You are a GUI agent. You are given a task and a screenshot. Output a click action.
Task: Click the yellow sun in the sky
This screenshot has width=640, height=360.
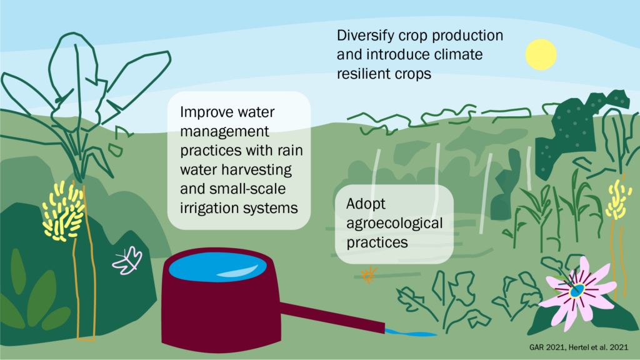click(x=541, y=55)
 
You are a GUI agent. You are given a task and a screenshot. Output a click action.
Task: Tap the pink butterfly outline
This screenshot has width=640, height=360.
click(x=127, y=261)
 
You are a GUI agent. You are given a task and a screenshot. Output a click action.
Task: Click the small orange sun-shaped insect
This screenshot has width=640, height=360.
click(x=369, y=275)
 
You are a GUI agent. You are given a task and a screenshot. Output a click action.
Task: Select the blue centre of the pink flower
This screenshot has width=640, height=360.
click(x=577, y=291)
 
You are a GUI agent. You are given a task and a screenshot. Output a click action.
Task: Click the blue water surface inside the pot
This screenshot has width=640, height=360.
click(x=217, y=267)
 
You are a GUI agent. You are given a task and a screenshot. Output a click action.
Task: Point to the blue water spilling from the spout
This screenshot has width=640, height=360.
click(x=410, y=333)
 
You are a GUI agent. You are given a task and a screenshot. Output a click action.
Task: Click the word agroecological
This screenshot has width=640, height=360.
click(x=394, y=224)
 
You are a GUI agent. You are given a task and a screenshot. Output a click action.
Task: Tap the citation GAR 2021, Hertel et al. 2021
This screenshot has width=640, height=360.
click(x=579, y=347)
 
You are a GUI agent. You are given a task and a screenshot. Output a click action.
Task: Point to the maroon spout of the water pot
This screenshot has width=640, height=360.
click(x=332, y=317)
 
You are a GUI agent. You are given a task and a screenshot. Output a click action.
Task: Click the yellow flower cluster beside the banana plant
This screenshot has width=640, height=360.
click(x=63, y=211)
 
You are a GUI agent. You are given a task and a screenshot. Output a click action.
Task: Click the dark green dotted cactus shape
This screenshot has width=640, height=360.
click(x=571, y=131)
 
